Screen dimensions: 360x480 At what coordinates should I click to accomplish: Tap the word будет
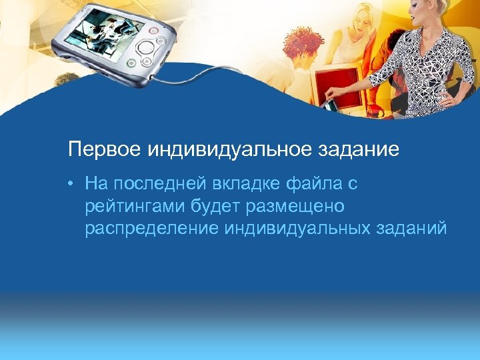click(x=217, y=206)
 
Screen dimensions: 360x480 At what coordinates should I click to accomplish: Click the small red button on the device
click(x=154, y=30)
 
